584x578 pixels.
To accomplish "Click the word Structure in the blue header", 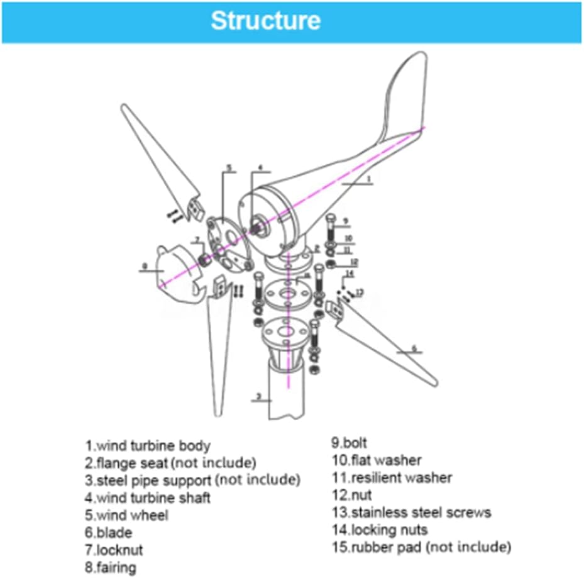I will [x=265, y=21].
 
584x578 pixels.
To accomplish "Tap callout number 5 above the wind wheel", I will [x=229, y=167].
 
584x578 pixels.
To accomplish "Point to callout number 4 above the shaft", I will [x=260, y=168].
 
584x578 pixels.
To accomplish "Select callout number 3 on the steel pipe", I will [x=258, y=397].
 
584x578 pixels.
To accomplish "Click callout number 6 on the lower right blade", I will [x=414, y=348].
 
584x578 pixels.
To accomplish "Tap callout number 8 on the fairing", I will [x=145, y=266].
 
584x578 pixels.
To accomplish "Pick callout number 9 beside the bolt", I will [x=344, y=221].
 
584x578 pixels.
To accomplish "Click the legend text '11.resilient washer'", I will [x=392, y=478].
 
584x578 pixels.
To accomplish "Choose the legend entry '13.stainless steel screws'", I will [x=411, y=513].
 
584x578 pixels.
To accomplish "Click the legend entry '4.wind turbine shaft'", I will [x=148, y=497].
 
